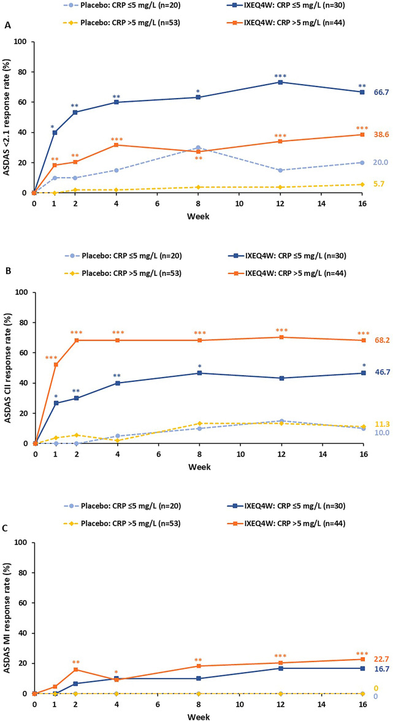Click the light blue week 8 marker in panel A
point(199,148)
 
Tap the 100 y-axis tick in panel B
point(22,292)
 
